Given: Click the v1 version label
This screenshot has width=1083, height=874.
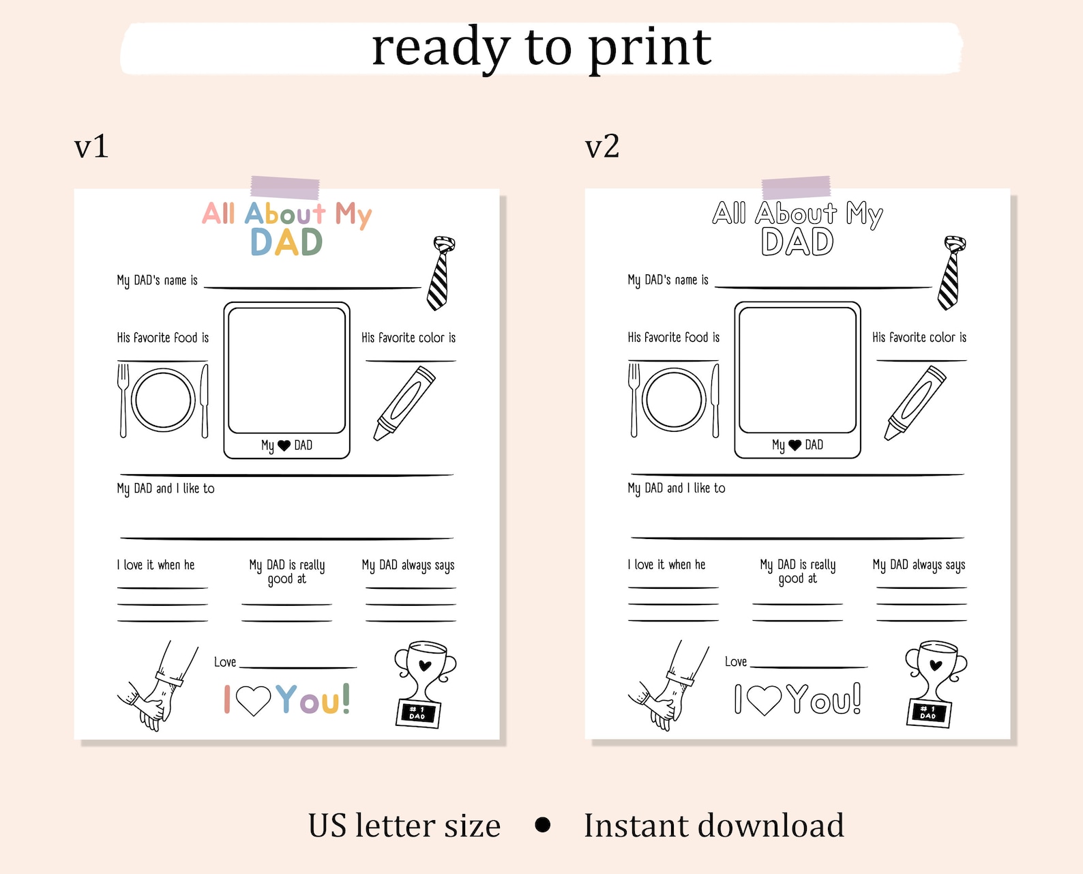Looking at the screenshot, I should (x=91, y=146).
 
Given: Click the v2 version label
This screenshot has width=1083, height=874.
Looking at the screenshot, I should (x=602, y=146).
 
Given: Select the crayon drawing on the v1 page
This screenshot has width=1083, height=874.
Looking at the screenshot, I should (x=404, y=403).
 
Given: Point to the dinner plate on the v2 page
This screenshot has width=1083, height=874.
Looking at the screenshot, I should (x=674, y=400).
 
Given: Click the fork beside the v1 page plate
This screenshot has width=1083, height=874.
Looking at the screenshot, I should (x=123, y=400).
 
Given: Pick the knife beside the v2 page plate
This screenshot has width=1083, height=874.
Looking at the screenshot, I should (x=715, y=400).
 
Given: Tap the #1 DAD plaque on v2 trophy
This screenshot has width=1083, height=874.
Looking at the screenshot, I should (x=928, y=713).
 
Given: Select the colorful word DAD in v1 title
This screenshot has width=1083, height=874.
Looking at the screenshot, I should (x=286, y=242).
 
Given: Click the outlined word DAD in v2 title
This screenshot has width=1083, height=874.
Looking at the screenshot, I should (x=797, y=242).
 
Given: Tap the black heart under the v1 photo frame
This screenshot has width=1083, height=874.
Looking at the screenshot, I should (x=284, y=446).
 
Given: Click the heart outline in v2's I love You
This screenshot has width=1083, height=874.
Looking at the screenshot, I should (x=764, y=699).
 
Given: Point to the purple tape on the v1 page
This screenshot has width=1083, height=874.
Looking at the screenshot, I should (x=285, y=187).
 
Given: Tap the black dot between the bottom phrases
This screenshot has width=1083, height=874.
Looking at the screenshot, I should (x=543, y=825).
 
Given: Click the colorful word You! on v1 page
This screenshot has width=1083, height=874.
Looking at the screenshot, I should (x=313, y=699).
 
